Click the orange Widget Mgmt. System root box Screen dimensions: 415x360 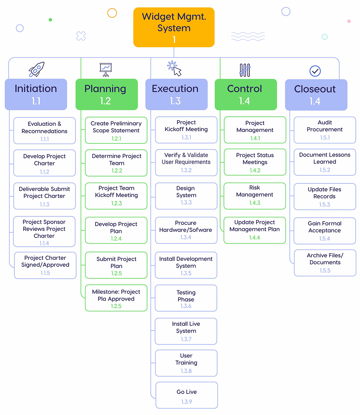point(174,27)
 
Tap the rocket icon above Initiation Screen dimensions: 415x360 point(36,69)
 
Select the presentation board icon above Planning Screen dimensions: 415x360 point(106,70)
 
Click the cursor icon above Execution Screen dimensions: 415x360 point(175,69)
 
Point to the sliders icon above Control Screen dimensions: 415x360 point(245,70)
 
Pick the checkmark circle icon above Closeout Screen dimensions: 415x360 point(315,71)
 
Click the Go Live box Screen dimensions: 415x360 point(187,395)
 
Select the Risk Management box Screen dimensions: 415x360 point(255,196)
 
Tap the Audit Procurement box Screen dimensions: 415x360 point(325,130)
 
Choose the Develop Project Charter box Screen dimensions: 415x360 point(44,163)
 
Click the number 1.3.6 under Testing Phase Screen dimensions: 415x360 point(186,306)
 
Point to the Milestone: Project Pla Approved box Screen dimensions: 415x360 point(116,298)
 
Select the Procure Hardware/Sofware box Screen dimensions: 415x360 point(186,230)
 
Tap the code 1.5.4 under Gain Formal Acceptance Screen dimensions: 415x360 point(324,238)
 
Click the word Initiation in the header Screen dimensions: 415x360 point(36,89)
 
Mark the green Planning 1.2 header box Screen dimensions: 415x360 point(107,94)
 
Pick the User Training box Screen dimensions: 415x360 point(186,363)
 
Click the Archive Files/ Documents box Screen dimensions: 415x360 point(325,263)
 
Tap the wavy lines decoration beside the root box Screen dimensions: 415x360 point(248,36)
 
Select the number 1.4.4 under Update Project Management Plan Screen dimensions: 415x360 point(254,237)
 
